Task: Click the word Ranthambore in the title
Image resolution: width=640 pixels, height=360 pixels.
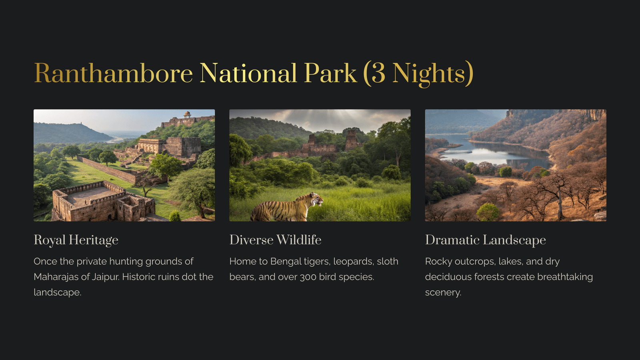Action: [114, 73]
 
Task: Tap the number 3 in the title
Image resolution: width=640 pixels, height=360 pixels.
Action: [378, 74]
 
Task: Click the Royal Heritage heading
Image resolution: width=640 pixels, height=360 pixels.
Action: [76, 240]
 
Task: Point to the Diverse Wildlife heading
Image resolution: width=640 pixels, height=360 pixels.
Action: [276, 240]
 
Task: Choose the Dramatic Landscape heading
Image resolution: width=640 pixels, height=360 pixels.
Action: [486, 240]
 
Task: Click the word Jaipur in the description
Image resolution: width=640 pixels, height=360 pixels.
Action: [106, 277]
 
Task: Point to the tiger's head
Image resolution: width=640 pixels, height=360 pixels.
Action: [316, 199]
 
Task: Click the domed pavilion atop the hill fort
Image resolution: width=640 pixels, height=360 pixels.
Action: [187, 114]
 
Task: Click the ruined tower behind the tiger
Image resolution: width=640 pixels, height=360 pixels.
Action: [351, 140]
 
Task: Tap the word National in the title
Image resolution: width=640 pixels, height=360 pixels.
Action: [248, 73]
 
